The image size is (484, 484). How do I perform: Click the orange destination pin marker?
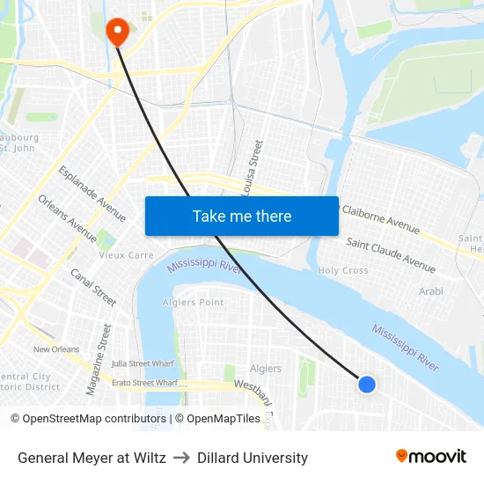(x=116, y=32)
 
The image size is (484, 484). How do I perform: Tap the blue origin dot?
(x=367, y=384)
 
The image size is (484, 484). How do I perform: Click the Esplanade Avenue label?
(x=92, y=194)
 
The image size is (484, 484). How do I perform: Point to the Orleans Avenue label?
(x=67, y=218)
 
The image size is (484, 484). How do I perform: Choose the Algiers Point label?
(x=193, y=302)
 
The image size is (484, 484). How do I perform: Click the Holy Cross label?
(x=342, y=270)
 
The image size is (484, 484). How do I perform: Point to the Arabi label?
(x=430, y=290)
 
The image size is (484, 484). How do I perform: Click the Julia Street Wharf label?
(x=143, y=363)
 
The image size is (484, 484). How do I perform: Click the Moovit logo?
(x=430, y=457)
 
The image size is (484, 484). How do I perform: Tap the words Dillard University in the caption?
(x=253, y=458)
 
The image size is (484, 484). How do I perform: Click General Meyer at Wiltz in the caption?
(x=92, y=458)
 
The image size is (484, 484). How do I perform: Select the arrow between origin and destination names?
(x=181, y=458)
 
